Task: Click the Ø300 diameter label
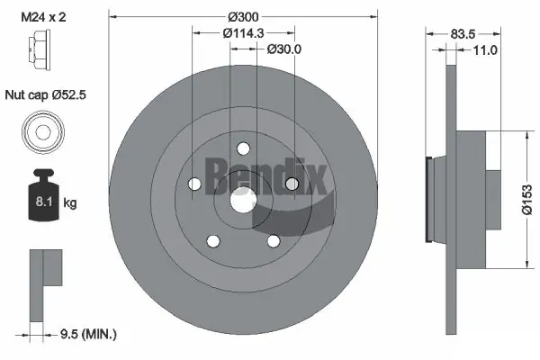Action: point(243,16)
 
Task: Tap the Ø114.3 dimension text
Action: point(243,33)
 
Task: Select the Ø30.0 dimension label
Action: point(284,49)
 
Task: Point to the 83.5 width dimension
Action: point(463,34)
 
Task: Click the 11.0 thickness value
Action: point(485,50)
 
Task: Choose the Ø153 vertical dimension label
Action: point(526,200)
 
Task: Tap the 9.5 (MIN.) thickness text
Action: point(88,334)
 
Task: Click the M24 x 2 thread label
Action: point(43,17)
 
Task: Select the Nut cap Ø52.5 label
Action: point(46,94)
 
